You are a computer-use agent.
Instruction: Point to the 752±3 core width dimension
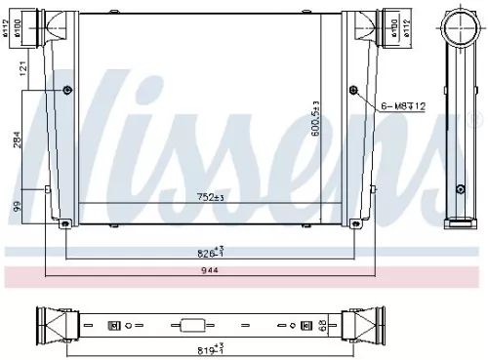(x=212, y=197)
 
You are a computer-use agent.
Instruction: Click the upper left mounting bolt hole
(x=67, y=92)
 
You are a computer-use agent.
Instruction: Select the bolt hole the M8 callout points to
(x=352, y=91)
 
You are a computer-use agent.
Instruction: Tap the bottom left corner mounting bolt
(x=64, y=224)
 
